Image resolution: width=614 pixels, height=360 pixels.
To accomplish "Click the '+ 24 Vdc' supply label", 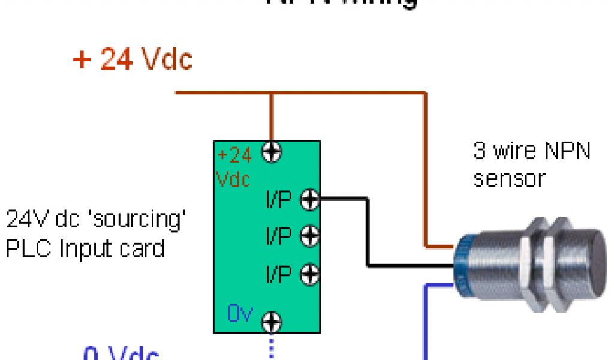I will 133,60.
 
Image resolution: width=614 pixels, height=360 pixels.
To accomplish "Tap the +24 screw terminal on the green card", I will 272,152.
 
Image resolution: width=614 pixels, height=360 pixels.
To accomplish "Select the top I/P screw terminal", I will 310,199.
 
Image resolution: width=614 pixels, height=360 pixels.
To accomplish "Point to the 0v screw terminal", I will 272,322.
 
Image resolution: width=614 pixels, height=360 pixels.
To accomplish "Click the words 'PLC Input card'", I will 85,248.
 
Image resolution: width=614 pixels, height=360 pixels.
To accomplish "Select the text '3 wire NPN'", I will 532,151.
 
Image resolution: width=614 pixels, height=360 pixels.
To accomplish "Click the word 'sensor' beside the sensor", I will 509,178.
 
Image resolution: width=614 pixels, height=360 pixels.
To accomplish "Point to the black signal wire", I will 367,234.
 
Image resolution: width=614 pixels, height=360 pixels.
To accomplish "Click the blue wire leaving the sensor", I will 426,318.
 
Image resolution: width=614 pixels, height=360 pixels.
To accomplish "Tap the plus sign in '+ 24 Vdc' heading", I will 82,60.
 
